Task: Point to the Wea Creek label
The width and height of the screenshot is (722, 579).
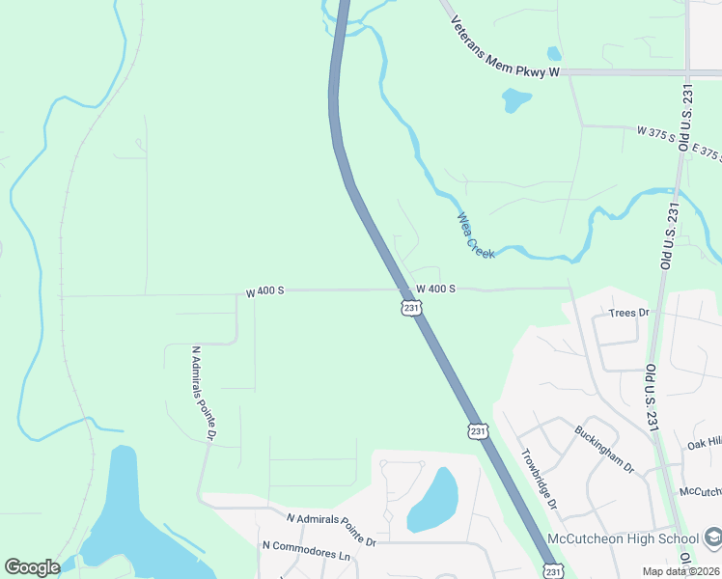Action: (x=477, y=235)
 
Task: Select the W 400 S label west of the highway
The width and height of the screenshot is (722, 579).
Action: (x=264, y=290)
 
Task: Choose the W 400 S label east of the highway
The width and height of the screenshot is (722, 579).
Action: (x=435, y=289)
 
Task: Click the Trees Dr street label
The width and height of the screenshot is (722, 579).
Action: (x=631, y=313)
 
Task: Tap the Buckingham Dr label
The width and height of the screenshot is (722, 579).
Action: (x=604, y=449)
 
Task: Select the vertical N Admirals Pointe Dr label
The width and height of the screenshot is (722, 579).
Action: (x=203, y=394)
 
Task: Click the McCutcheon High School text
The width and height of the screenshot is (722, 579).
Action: (x=624, y=538)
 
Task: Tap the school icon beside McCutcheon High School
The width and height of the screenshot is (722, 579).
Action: (x=712, y=537)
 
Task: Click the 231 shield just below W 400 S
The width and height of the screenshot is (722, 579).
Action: (x=411, y=308)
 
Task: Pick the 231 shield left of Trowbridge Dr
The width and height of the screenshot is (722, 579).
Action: (x=478, y=430)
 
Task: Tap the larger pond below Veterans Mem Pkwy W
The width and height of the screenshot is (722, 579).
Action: (x=516, y=98)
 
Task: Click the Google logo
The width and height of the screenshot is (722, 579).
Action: (x=32, y=567)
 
